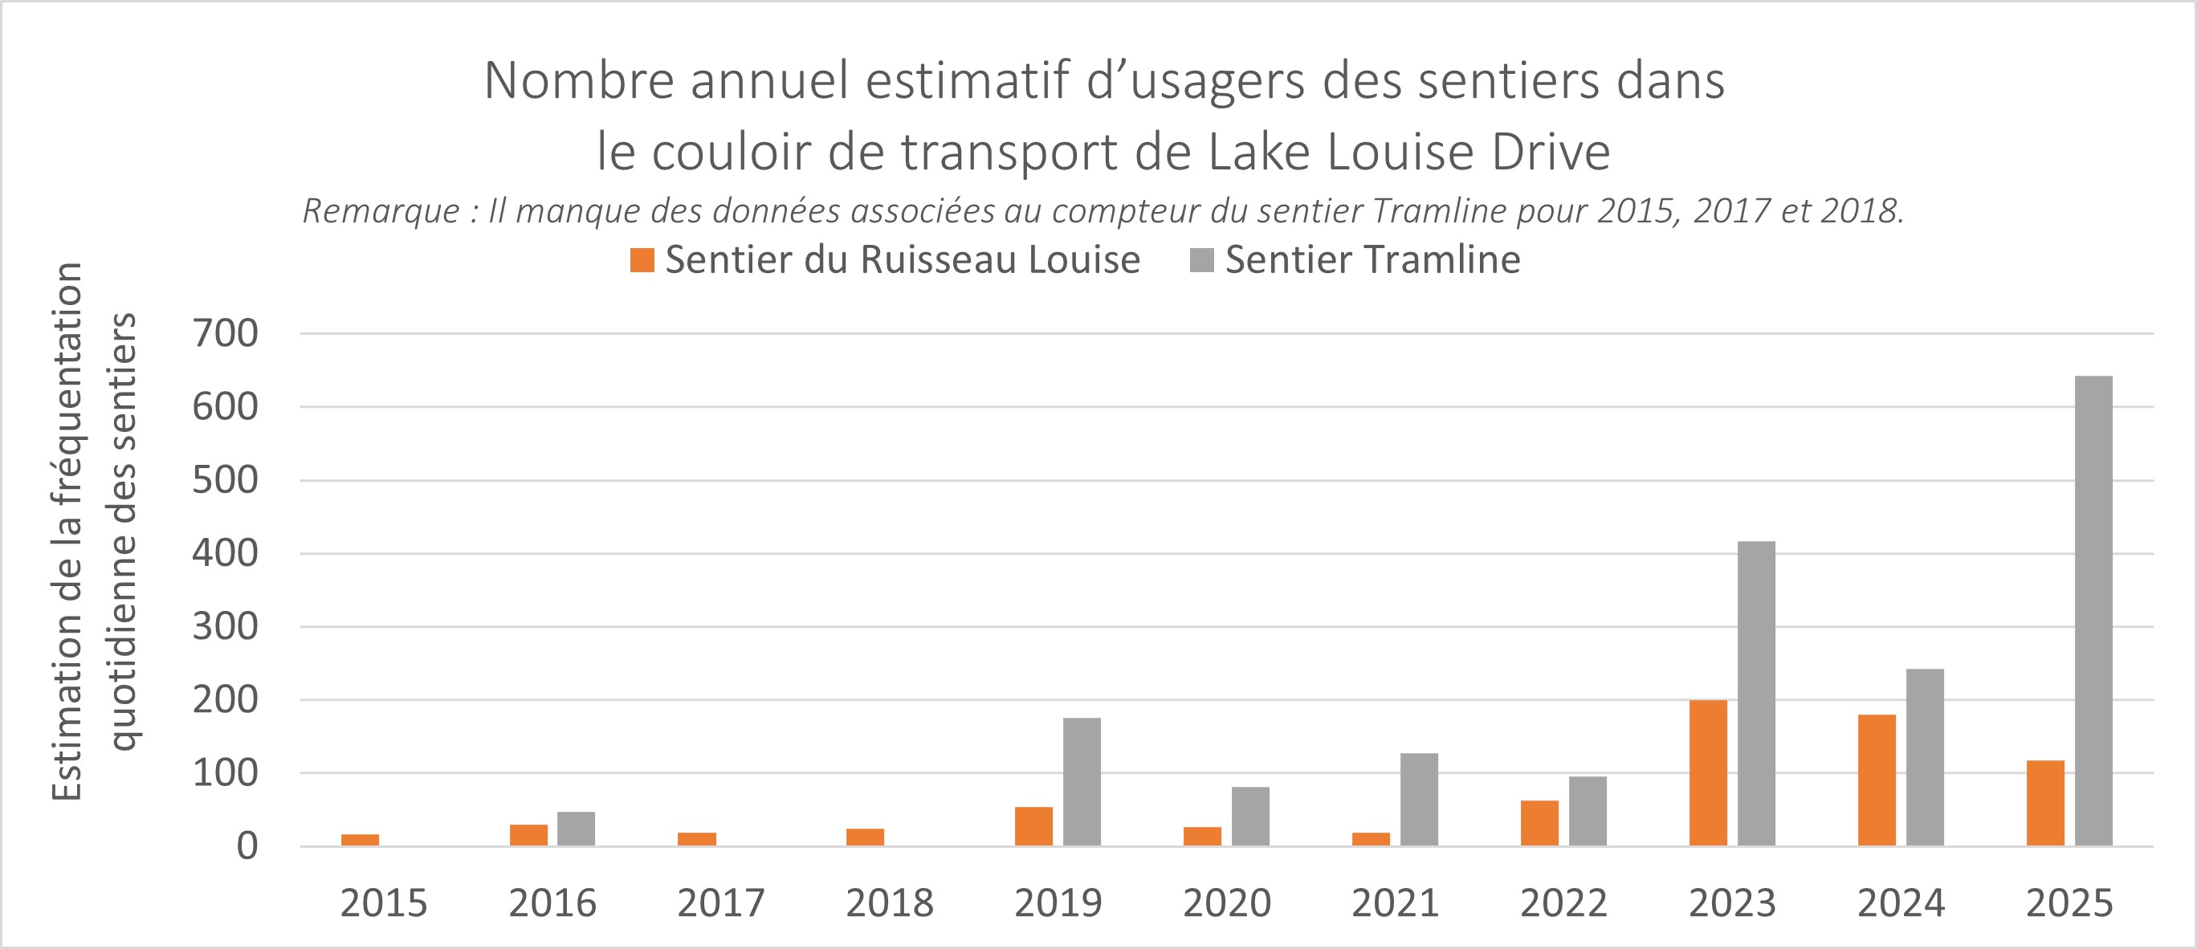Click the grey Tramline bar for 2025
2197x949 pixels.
(2093, 610)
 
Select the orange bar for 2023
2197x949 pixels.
(1707, 772)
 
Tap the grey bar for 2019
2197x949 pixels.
(1082, 782)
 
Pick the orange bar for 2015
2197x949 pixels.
(360, 840)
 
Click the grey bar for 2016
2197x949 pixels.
(576, 829)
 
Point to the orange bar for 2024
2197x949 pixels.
(1877, 780)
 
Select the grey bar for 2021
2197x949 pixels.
(1418, 800)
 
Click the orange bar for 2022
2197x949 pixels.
(1539, 823)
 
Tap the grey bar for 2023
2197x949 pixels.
(1756, 693)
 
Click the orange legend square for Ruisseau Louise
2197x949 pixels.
(642, 260)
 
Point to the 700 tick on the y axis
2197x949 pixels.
(225, 333)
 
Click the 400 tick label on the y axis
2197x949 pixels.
(225, 553)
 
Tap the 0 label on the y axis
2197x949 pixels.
(247, 847)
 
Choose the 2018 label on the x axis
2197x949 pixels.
(890, 904)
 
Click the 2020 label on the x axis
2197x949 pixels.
(1226, 904)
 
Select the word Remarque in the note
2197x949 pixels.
(381, 211)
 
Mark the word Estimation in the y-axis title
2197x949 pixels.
(68, 733)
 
